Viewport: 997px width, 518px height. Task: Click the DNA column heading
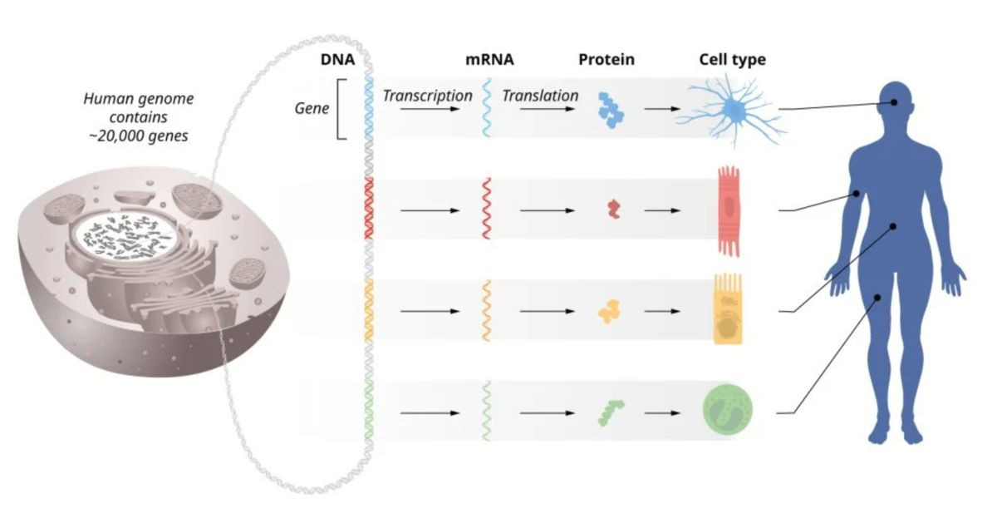tap(337, 60)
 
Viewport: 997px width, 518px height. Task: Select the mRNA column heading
tap(489, 60)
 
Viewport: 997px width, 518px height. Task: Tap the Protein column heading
tap(606, 60)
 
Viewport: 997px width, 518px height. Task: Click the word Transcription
tap(427, 96)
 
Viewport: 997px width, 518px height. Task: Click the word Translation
tap(540, 96)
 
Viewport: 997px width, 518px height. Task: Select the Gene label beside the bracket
tap(312, 108)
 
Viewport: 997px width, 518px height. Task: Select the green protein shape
tap(611, 412)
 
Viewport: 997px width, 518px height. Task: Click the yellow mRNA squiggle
tap(487, 310)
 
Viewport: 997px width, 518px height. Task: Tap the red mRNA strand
tap(486, 209)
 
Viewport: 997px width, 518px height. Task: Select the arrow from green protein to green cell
tap(658, 412)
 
